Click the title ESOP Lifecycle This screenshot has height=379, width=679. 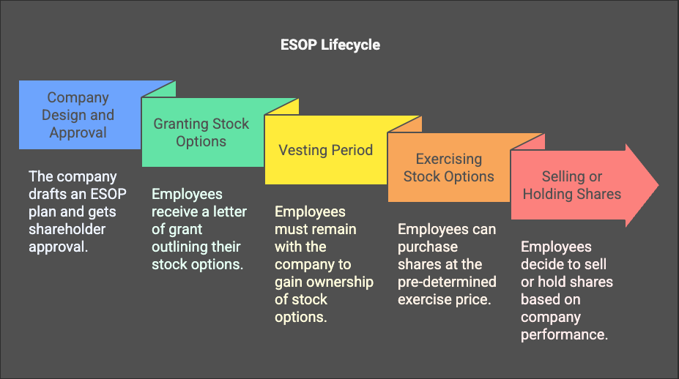pyautogui.click(x=330, y=45)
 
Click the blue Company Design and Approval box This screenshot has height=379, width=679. pyautogui.click(x=78, y=115)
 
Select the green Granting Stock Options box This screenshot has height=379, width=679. pyautogui.click(x=201, y=132)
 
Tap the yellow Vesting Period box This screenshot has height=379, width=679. pyautogui.click(x=325, y=150)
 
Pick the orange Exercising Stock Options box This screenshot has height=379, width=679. pyautogui.click(x=448, y=168)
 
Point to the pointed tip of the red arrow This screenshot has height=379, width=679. pyautogui.click(x=657, y=185)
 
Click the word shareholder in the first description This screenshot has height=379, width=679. pyautogui.click(x=67, y=229)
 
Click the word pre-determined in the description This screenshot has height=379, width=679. pyautogui.click(x=447, y=282)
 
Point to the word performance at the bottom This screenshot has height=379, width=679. pyautogui.click(x=565, y=334)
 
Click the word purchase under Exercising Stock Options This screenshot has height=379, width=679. pyautogui.click(x=427, y=247)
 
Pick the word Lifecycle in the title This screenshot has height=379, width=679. pyautogui.click(x=351, y=45)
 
